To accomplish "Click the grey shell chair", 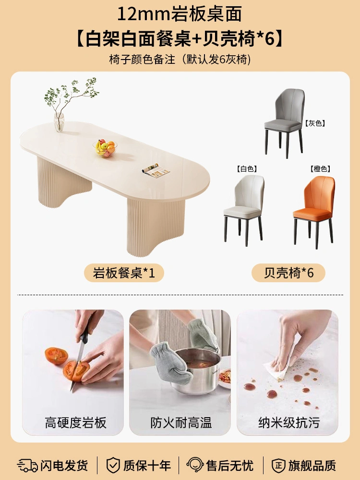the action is coord(284,122).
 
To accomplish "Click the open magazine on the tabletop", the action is coord(156,170).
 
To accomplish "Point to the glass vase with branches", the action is coord(59,122).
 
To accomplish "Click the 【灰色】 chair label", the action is coord(315,123).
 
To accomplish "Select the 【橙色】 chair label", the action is coord(321,168).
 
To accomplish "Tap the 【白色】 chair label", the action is coord(247,168).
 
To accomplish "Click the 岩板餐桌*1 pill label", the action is coord(124,273).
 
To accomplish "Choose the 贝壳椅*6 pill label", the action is coord(288,273).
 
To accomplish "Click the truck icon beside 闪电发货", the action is coord(27,465).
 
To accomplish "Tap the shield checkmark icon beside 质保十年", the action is coord(113,465).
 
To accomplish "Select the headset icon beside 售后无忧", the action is coord(195,465).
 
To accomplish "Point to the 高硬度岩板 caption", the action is coord(76,423).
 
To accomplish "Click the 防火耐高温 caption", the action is coord(181,423).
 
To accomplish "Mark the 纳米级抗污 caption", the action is coord(289,423).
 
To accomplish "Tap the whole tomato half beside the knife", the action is coord(56,356).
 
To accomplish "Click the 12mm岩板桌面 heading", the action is coord(180,14).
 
